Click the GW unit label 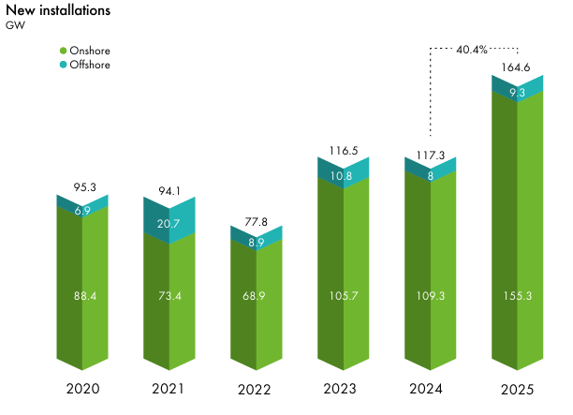[x=16, y=25]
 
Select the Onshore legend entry [x=90, y=50]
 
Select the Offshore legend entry [x=90, y=65]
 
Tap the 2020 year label [x=82, y=388]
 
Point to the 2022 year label [x=256, y=388]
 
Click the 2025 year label [x=517, y=388]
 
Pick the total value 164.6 [x=517, y=67]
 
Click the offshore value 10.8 [x=343, y=175]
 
